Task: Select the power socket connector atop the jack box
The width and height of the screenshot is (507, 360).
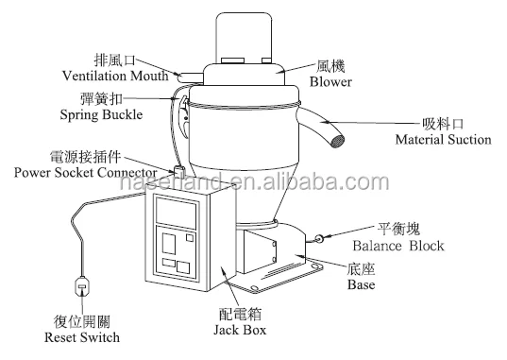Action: coord(177,172)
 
